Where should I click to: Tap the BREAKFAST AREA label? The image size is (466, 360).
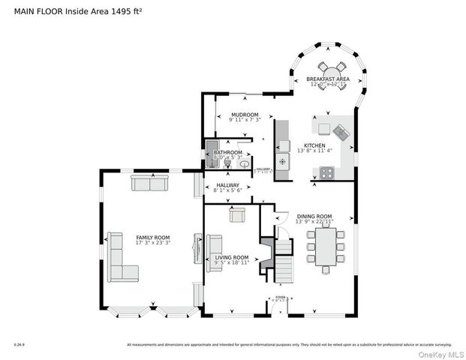[x=327, y=79]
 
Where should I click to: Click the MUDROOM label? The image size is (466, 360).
[x=245, y=115]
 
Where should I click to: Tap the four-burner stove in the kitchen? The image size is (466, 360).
[x=327, y=172]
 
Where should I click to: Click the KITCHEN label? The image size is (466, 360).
[x=314, y=145]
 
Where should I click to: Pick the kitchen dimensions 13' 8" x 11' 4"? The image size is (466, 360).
[x=314, y=151]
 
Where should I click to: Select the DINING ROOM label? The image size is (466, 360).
[x=314, y=216]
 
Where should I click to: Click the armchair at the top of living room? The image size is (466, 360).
[x=238, y=216]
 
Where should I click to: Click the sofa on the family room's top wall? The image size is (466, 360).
[x=149, y=182]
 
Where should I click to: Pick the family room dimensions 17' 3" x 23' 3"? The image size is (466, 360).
[x=152, y=242]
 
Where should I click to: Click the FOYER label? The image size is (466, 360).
[x=280, y=297]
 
